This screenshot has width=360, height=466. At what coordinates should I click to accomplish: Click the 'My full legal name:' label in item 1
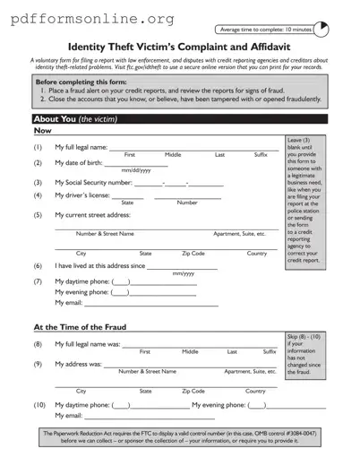point(81,147)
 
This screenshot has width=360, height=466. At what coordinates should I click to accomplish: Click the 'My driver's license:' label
point(82,195)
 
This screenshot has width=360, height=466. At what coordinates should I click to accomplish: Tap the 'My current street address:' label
point(92,215)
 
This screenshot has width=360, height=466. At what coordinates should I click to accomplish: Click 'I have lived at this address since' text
point(99,266)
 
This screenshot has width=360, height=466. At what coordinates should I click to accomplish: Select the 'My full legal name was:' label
point(87,344)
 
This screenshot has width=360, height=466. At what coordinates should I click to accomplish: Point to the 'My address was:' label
point(78,364)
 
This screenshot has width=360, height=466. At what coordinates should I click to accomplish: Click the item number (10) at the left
point(39,405)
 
